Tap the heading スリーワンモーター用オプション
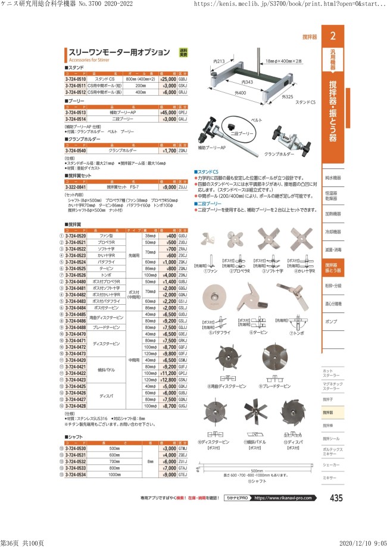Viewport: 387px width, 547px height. point(117,52)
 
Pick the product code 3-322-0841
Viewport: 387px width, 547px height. point(75,187)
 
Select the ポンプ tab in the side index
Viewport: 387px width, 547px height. point(332,321)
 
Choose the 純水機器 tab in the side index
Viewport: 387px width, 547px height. point(333,177)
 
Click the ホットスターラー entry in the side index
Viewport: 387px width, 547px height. point(331,373)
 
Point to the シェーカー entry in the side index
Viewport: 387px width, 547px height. point(331,464)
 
